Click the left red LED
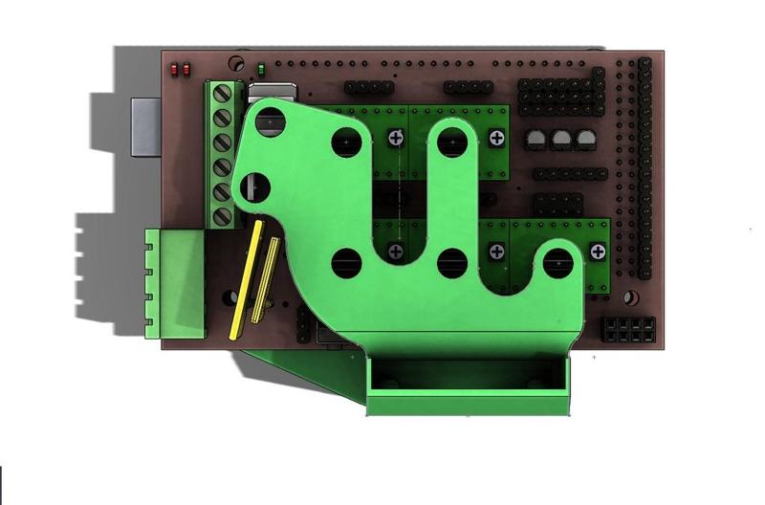tap(174, 69)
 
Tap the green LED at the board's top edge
tap(261, 70)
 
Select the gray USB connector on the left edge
tap(144, 125)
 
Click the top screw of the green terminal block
tap(223, 94)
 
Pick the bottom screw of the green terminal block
tap(223, 215)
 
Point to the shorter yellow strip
tap(268, 277)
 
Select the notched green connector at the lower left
tap(175, 283)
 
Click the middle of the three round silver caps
tap(561, 140)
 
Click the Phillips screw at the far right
tap(599, 252)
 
